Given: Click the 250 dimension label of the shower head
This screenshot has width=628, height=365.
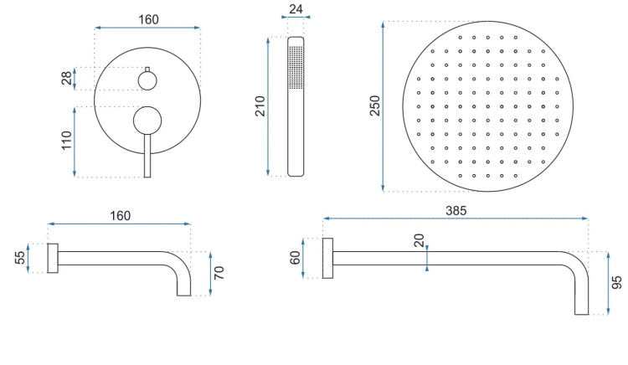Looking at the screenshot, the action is [x=374, y=105].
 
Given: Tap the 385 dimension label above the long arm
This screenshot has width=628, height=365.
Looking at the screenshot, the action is [x=456, y=210].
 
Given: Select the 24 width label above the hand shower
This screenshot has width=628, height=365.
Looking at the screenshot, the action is [x=296, y=9].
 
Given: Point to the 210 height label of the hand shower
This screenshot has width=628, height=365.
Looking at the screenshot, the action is [x=260, y=106].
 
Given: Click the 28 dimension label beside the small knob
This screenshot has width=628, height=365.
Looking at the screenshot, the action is [x=66, y=78].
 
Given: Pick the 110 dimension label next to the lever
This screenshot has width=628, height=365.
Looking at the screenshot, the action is [x=66, y=141].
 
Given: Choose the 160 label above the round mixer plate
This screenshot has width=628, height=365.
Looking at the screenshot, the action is [x=148, y=19].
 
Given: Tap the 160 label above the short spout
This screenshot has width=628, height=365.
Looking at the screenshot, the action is [x=120, y=216].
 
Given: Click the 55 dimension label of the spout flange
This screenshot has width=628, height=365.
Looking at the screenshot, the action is [x=19, y=257].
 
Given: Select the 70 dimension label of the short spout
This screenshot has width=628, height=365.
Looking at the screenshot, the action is [x=219, y=273].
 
